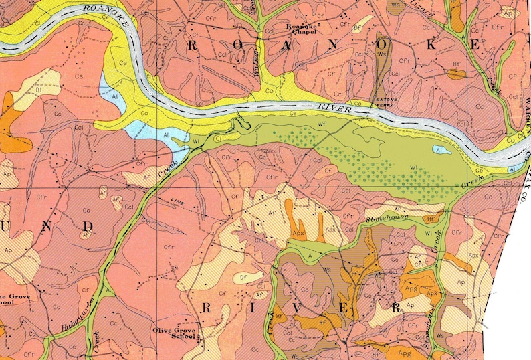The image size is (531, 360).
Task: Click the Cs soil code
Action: pyautogui.click(x=79, y=76)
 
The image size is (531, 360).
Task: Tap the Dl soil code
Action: pyautogui.click(x=21, y=88)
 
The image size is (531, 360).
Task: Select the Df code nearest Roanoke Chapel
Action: pyautogui.click(x=358, y=28)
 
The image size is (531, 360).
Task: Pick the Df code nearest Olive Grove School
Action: pyautogui.click(x=243, y=275)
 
